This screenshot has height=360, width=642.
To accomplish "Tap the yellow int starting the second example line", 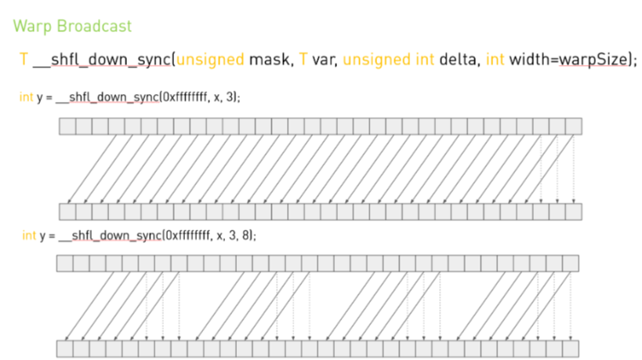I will (x=29, y=235).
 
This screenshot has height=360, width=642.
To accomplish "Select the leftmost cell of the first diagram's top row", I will (x=67, y=126).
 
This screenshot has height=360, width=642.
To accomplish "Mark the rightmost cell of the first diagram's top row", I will (x=574, y=126).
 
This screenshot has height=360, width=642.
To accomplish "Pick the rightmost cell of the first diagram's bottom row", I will (x=574, y=212).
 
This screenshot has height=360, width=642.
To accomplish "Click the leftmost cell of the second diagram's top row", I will (x=64, y=264).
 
